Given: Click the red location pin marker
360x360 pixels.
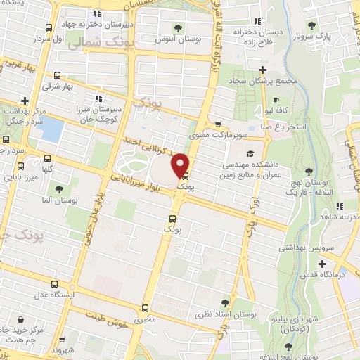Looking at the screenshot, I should pos(181,165).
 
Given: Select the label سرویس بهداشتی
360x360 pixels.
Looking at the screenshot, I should pos(303,247).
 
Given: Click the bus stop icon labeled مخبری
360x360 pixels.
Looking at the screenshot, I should pos(146,307).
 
